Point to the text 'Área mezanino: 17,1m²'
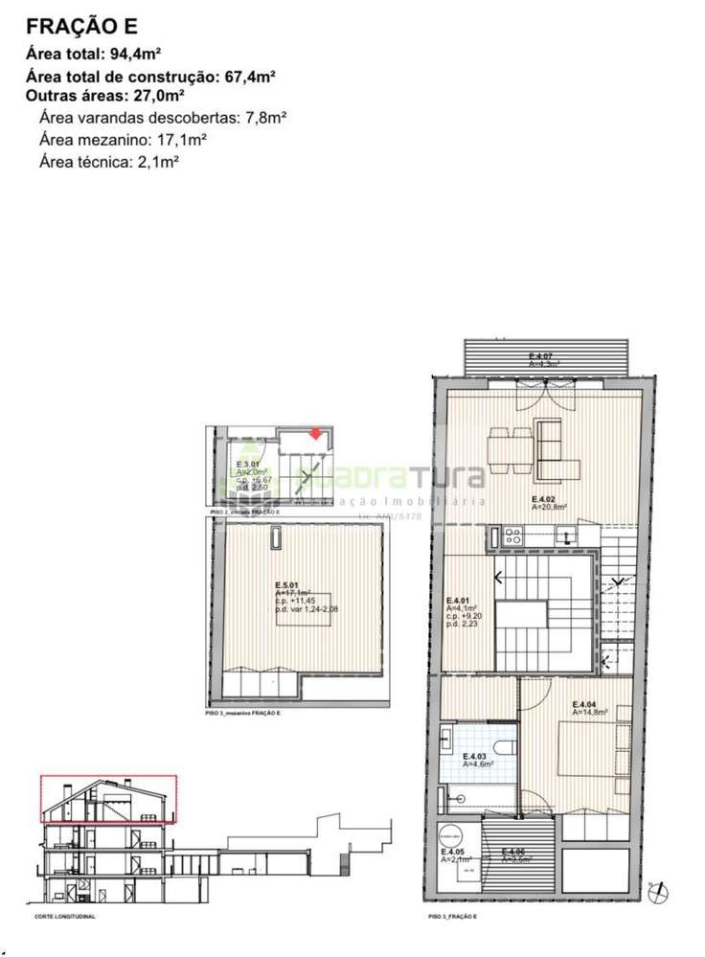click(x=124, y=140)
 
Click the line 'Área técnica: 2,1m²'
click(x=110, y=161)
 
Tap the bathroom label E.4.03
click(x=476, y=756)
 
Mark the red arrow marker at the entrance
click(x=315, y=434)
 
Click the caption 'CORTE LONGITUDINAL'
click(x=65, y=917)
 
